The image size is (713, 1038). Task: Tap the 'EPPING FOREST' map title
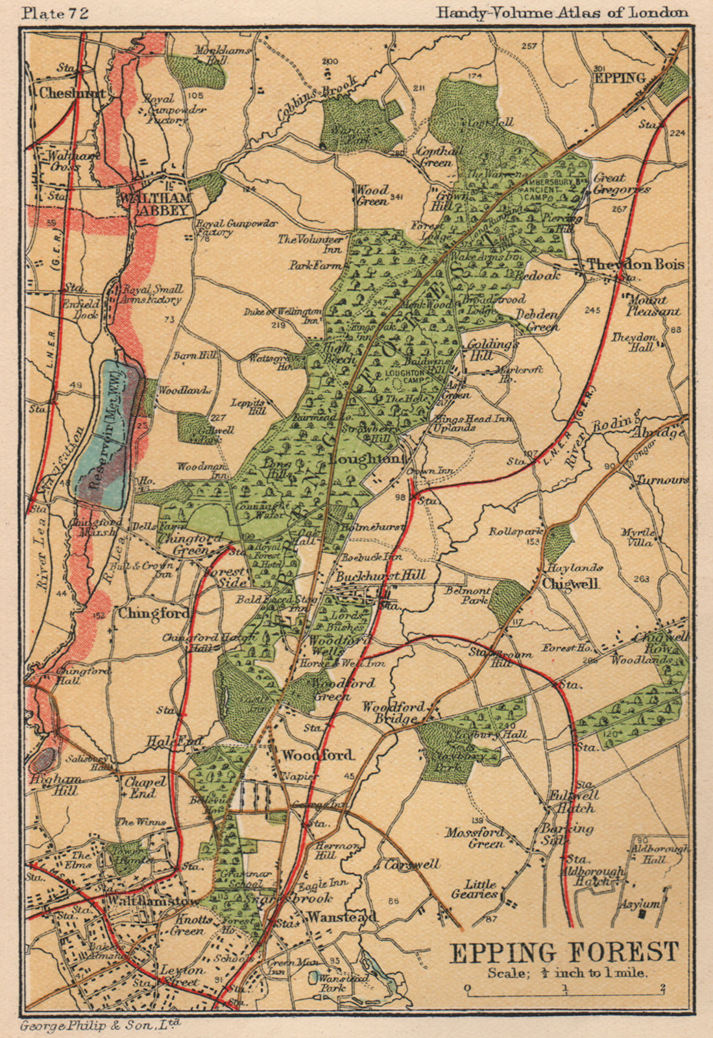point(564,953)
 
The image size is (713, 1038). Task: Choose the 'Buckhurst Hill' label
point(380,575)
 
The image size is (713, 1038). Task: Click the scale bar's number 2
point(662,989)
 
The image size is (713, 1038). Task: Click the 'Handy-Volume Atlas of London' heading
point(562,12)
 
